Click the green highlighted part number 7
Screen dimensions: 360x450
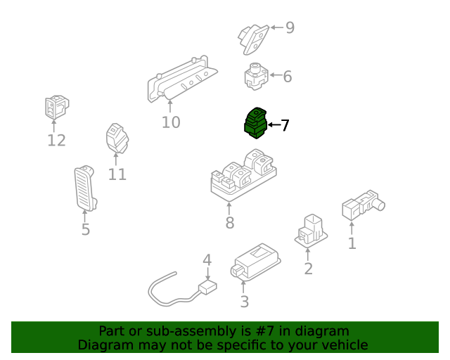255,124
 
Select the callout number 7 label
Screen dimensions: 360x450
285,126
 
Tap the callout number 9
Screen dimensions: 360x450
289,28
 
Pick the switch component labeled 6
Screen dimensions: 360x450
255,76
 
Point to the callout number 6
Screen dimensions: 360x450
287,77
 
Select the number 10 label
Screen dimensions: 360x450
171,122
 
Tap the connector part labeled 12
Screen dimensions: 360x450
56,108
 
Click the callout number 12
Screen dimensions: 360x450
56,141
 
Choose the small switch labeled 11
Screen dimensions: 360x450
116,139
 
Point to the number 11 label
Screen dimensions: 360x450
117,174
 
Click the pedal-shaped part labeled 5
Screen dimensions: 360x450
85,188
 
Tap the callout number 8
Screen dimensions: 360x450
229,224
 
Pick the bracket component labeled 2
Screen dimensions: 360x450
309,231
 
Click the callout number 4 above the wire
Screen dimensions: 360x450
207,261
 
